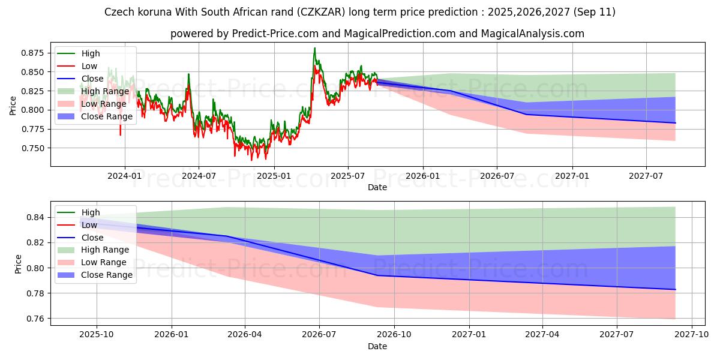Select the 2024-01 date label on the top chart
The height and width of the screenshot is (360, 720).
pos(125,175)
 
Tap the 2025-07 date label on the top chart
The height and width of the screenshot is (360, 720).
pos(348,175)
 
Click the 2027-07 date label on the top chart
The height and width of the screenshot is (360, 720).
pos(646,175)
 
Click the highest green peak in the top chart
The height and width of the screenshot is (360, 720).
pos(314,49)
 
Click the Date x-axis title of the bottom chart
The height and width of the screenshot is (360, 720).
pos(377,347)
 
